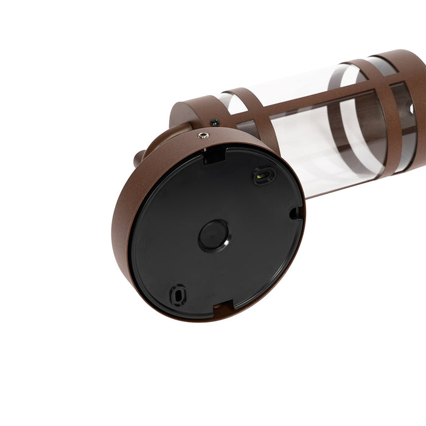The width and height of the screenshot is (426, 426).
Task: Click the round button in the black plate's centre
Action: pyautogui.click(x=213, y=235)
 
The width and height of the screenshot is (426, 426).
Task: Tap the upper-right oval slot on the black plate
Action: pyautogui.click(x=264, y=176)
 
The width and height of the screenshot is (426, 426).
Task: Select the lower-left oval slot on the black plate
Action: pyautogui.click(x=178, y=295)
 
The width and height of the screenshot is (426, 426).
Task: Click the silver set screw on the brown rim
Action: pyautogui.click(x=202, y=136)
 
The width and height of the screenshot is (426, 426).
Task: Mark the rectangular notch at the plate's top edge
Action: pyautogui.click(x=212, y=157)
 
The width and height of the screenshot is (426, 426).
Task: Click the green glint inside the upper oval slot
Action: pyautogui.click(x=261, y=176)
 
